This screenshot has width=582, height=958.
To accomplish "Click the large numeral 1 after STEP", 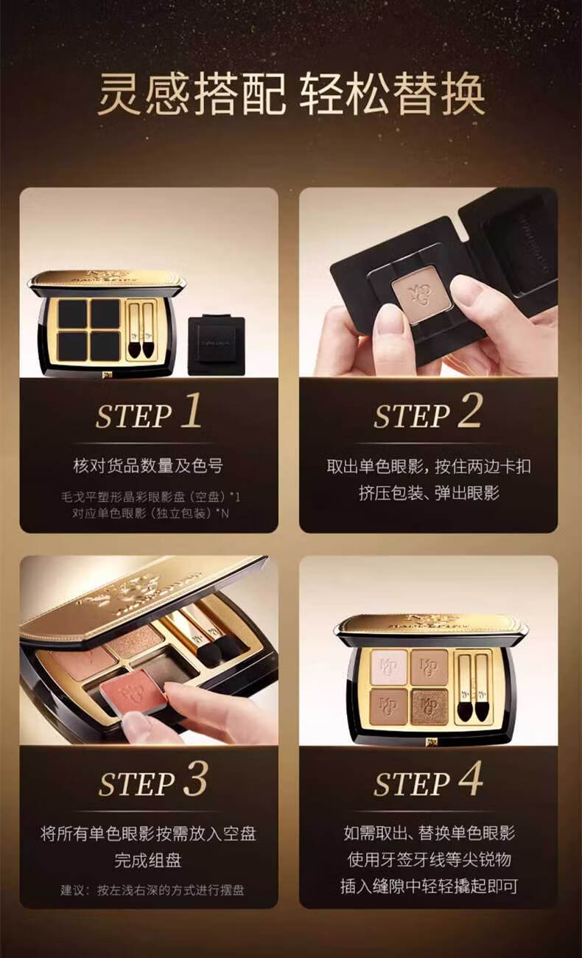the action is (x=192, y=410).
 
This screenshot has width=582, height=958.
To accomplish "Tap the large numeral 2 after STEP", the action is (x=470, y=410).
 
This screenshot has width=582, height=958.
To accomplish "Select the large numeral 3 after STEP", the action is (x=196, y=778).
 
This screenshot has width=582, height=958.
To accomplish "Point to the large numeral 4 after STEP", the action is (x=471, y=778).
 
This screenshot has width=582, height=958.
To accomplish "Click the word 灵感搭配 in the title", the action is (x=192, y=95).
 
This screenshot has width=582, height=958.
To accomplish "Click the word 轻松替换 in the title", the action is (x=392, y=95).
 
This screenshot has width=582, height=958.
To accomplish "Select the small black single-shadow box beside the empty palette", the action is (x=217, y=344).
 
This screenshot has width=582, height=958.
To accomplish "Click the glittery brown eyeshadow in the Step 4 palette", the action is (x=430, y=707).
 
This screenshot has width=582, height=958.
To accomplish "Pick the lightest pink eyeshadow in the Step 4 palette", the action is (x=389, y=666).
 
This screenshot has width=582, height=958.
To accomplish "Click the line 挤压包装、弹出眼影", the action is (x=429, y=493).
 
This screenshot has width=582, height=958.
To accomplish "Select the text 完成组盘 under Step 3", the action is (x=148, y=861).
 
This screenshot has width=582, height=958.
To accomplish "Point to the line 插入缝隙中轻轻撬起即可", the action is (x=429, y=887).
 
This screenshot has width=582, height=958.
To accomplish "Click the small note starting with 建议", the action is (x=152, y=891).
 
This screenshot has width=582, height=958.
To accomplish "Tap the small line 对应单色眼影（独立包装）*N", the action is (x=150, y=513).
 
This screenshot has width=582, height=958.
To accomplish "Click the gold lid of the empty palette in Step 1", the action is (x=108, y=279).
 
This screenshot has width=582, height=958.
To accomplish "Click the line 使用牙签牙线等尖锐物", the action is (x=429, y=861).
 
